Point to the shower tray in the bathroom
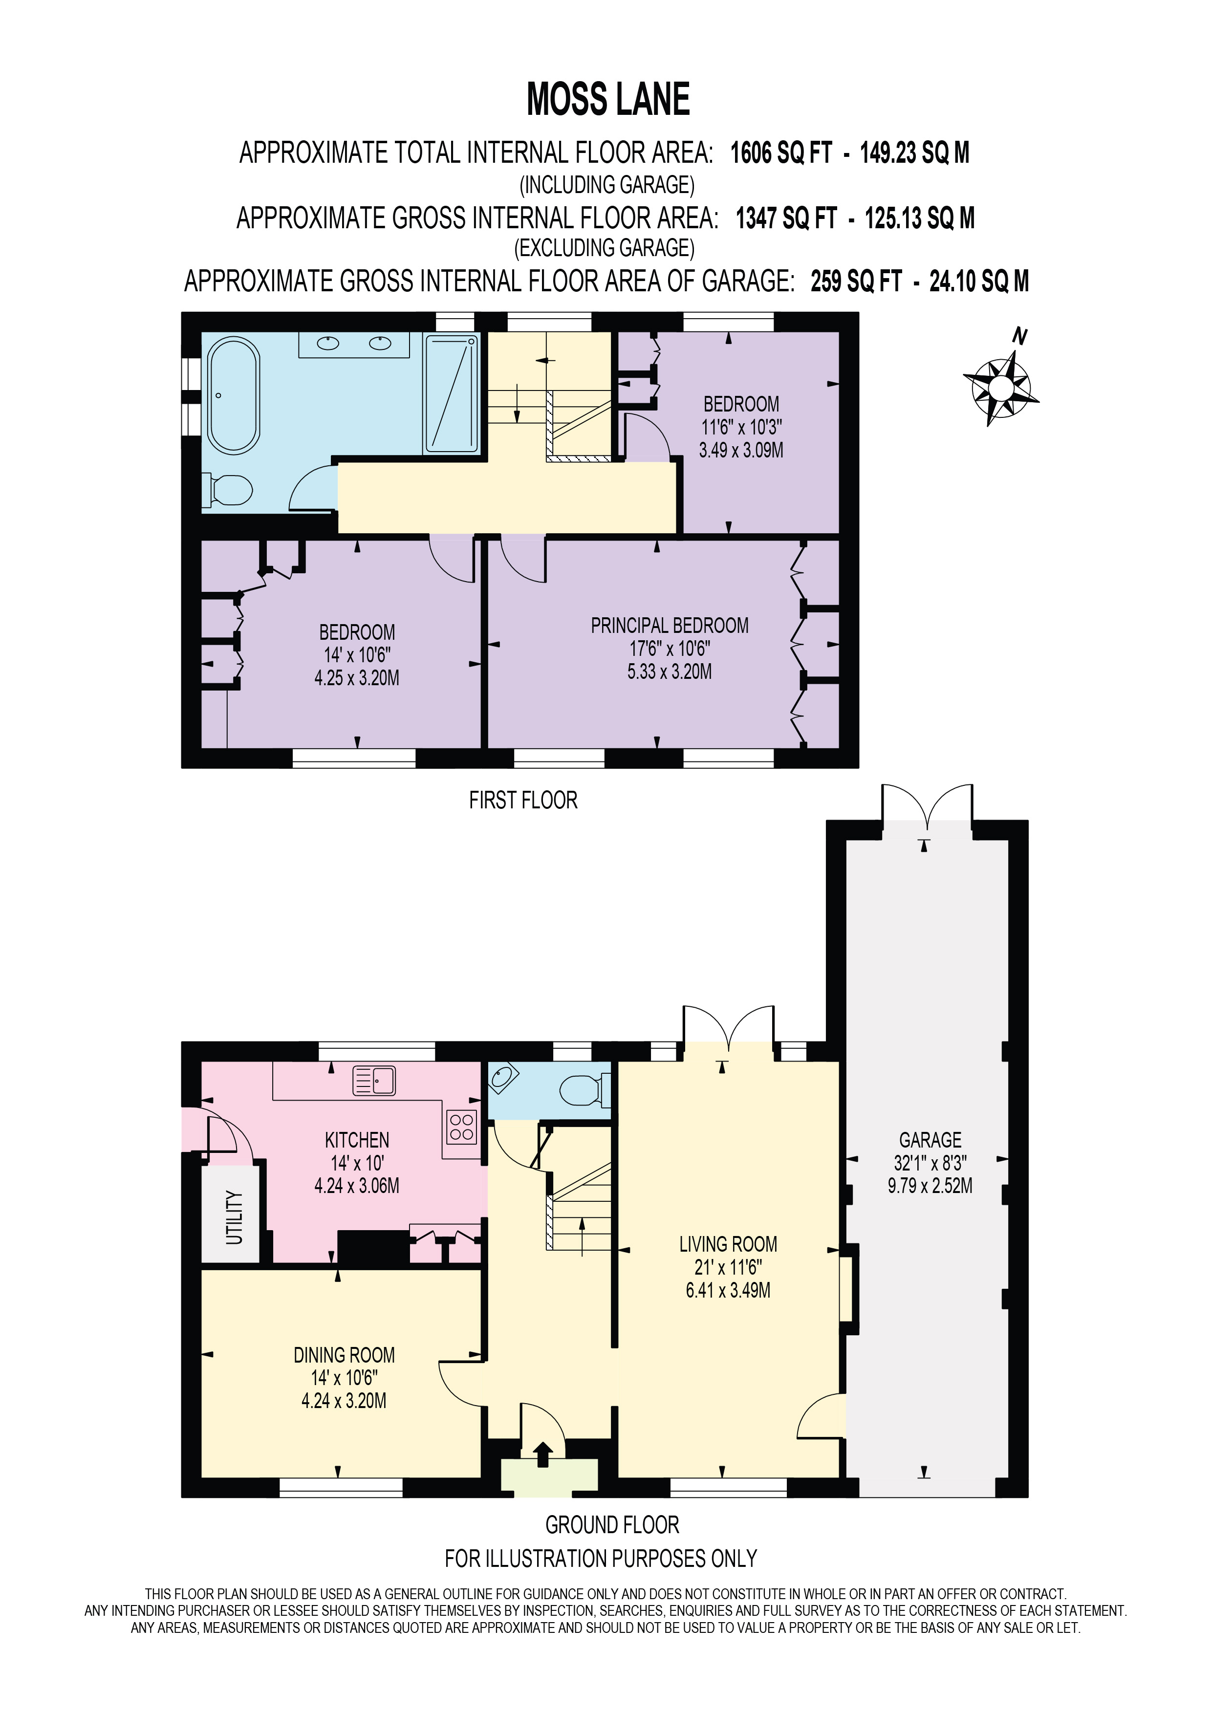451,393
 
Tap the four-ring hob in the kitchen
461,1127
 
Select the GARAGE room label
930,1140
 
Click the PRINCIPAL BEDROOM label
670,626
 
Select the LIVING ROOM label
728,1244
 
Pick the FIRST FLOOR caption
522,800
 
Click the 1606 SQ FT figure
780,153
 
